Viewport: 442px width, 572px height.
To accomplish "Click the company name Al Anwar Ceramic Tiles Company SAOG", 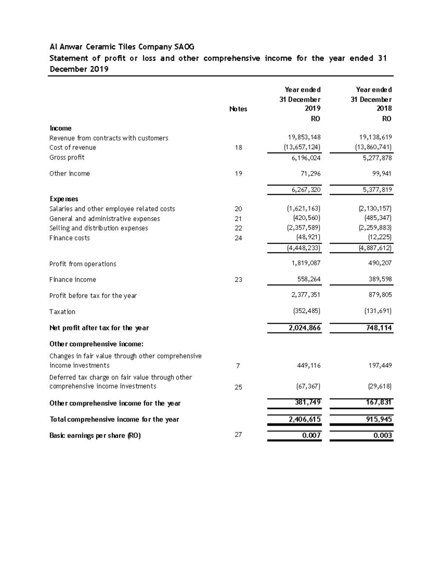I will click(122, 47).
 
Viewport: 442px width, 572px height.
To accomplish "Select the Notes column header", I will click(238, 109).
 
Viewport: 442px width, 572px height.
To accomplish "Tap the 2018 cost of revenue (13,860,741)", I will click(373, 147).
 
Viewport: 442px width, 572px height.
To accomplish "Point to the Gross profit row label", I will click(67, 157).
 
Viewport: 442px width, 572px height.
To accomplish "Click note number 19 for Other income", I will click(238, 173).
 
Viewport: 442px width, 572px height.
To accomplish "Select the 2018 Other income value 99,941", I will click(381, 173).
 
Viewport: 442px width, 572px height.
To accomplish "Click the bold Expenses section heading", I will click(64, 199).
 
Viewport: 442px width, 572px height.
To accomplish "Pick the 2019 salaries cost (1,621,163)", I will click(304, 208).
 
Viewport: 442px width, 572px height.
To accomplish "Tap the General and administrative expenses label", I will click(105, 219).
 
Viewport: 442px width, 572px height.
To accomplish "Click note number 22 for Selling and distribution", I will click(238, 228).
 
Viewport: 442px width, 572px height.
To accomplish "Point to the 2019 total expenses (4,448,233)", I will click(304, 248).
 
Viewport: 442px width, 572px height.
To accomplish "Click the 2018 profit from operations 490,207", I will click(379, 263).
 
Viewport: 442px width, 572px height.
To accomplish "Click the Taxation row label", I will click(62, 312).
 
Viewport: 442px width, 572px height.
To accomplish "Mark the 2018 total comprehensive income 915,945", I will click(378, 419).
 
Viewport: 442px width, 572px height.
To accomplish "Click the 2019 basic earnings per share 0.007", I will click(311, 435).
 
